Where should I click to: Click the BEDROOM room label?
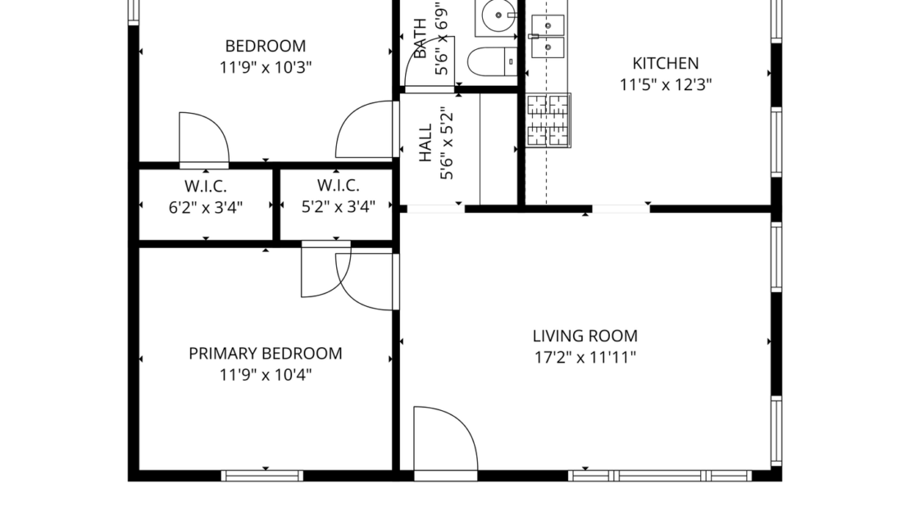265,46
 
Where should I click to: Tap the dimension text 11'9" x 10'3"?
265,67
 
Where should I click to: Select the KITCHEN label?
665,63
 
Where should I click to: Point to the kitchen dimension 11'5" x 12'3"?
665,84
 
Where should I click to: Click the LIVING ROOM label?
585,336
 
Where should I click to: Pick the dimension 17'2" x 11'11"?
585,357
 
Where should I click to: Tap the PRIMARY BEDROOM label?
265,354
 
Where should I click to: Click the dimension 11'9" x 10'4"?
265,375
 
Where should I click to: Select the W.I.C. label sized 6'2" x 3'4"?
205,186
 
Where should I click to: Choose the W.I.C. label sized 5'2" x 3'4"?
338,186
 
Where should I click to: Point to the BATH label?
421,39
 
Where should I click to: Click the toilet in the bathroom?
491,61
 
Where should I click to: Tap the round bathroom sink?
496,15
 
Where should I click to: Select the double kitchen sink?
547,37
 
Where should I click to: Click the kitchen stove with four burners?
548,120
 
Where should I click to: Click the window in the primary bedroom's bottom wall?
262,475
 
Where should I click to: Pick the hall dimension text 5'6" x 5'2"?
447,145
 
